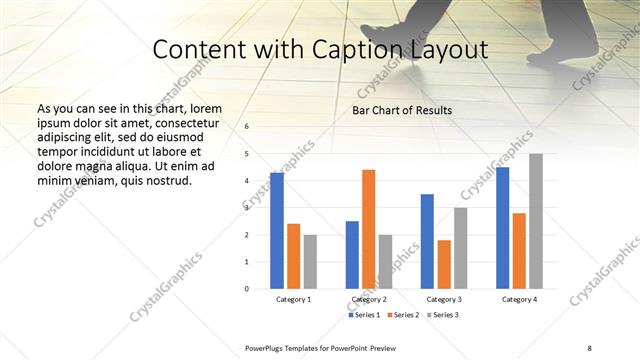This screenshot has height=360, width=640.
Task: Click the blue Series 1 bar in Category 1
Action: click(x=277, y=231)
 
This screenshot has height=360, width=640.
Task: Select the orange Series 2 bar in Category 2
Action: click(x=368, y=229)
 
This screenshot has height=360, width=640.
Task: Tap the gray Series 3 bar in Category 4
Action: click(x=536, y=221)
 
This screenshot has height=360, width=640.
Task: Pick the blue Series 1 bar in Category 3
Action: click(x=427, y=241)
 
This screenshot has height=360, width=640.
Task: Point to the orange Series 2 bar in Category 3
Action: click(x=444, y=264)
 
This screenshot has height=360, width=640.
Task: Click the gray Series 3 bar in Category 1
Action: click(x=310, y=261)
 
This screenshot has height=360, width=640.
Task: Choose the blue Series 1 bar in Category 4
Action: click(x=502, y=228)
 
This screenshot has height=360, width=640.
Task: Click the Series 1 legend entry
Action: click(x=364, y=315)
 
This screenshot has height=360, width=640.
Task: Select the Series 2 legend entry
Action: click(x=403, y=315)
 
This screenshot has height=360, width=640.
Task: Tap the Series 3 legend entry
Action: click(x=442, y=315)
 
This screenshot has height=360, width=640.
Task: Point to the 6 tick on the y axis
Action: click(x=247, y=127)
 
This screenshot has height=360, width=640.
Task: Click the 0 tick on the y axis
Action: click(x=247, y=289)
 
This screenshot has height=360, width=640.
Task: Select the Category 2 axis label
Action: click(x=368, y=299)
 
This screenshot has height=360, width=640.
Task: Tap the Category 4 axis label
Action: click(x=519, y=299)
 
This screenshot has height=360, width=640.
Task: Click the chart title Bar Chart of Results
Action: click(x=402, y=110)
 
